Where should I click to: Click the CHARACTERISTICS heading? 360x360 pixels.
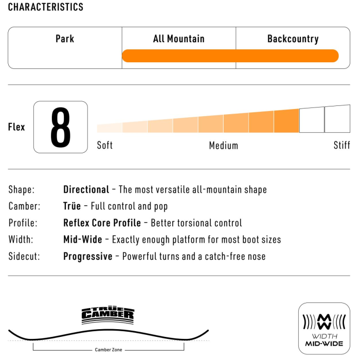tap(46, 7)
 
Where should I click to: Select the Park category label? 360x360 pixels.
tap(65, 39)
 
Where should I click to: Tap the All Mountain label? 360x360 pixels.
tap(178, 39)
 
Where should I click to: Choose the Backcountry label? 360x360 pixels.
tap(293, 39)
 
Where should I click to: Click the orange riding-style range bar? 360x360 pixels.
tap(230, 56)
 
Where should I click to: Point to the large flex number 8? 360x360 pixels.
tap(61, 127)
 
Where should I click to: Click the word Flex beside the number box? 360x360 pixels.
tap(16, 127)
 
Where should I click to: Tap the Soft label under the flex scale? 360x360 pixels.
tap(105, 146)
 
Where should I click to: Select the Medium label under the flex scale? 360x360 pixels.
tap(224, 146)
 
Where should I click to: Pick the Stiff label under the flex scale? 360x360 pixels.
tap(341, 146)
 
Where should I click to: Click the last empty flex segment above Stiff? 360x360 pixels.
tap(337, 119)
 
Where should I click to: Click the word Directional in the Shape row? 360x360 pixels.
tap(86, 190)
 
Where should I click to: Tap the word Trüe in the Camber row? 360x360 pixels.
tap(72, 206)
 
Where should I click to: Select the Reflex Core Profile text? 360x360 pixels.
tap(102, 223)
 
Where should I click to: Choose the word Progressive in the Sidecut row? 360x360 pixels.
tap(87, 256)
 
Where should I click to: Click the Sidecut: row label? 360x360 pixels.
tap(24, 256)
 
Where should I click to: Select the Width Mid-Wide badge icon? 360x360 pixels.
tap(324, 329)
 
